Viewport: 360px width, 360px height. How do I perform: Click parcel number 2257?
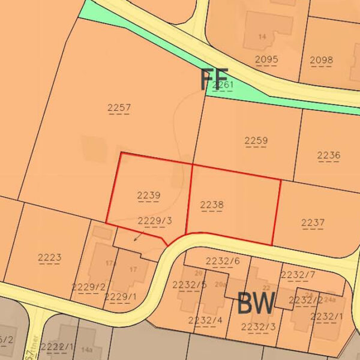(119, 108)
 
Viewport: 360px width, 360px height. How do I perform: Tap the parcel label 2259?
(256, 140)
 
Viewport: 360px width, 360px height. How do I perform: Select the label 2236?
(328, 155)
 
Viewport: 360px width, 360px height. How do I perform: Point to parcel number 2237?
(313, 223)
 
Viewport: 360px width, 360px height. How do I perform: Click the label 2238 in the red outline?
(212, 205)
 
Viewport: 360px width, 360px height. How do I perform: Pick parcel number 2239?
(148, 195)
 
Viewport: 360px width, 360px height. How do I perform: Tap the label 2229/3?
(155, 221)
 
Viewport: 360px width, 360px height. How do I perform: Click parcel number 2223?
(49, 258)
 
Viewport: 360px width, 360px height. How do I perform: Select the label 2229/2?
(88, 287)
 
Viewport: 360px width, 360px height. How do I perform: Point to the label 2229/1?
(120, 296)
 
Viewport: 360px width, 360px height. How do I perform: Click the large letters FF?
(214, 80)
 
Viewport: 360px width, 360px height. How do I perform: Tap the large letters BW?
(256, 304)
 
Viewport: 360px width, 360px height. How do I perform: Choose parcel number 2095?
(266, 59)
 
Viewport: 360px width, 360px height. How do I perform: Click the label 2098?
(321, 60)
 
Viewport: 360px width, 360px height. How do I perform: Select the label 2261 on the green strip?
(223, 85)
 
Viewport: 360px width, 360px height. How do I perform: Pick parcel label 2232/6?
(223, 260)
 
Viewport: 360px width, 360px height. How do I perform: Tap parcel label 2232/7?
(298, 275)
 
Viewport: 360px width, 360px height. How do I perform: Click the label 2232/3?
(258, 326)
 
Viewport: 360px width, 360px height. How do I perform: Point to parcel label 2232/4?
(205, 320)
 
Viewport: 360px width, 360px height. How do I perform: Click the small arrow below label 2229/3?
(137, 238)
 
